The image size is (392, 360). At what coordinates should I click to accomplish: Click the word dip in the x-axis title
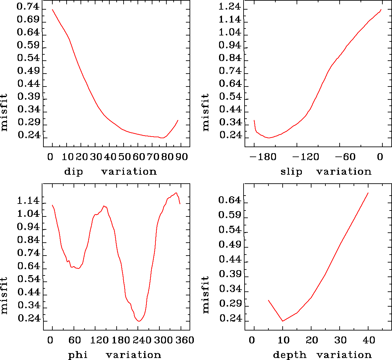point(74,172)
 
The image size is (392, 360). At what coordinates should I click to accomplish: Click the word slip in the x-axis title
point(292,172)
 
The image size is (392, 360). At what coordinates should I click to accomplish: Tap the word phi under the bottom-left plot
point(78,355)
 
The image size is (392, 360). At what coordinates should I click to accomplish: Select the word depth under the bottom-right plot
point(290,355)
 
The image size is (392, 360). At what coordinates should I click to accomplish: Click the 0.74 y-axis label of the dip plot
point(28,7)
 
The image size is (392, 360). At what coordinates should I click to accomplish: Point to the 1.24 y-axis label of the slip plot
point(230,7)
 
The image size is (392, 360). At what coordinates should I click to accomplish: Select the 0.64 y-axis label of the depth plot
point(230,200)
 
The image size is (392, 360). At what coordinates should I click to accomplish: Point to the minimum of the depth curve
point(283,321)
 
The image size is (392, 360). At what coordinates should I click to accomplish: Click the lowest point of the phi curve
point(139,321)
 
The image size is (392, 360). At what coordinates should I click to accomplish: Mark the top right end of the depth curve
point(368,193)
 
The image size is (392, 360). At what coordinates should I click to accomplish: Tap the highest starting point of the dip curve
point(52,9)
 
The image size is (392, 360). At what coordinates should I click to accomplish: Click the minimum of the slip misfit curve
point(269,138)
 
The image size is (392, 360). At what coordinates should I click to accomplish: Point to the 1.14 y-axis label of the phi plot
point(28,201)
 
